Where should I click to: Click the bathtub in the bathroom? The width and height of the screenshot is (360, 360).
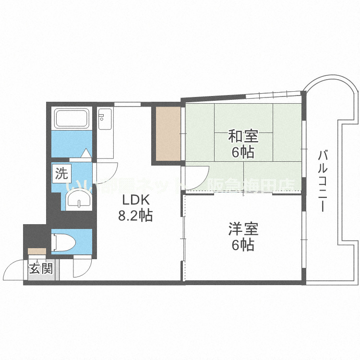coord(72,119)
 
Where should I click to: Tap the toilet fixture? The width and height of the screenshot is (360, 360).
coord(63,241)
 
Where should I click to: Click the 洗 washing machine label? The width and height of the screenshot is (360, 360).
coord(61,173)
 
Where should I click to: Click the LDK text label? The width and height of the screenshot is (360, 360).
coord(135,200)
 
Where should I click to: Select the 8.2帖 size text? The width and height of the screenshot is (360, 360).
coord(135,216)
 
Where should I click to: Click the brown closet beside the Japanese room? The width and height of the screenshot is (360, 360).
coord(167,133)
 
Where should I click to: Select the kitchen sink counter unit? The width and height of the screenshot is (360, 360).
coord(105,132)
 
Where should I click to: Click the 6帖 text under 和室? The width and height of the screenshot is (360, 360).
coord(243,153)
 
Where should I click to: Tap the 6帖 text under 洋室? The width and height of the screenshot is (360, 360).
coord(243,245)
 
